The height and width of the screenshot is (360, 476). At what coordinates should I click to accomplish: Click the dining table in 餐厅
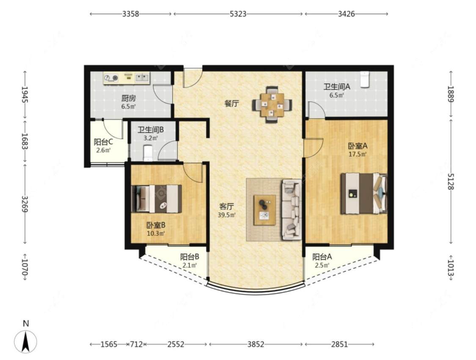point(272,105)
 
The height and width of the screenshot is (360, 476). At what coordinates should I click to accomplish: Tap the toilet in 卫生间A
point(365,80)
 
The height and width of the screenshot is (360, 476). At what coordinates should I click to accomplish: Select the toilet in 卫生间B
point(148,153)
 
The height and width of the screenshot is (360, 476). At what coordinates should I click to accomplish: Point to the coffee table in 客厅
point(265,210)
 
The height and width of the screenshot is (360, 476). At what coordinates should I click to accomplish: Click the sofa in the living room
point(292,210)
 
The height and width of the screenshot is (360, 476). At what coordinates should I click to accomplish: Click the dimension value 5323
point(238,14)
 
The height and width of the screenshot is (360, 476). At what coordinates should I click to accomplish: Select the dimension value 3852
point(256,344)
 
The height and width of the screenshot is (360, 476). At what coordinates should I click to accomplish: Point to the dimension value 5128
point(451,181)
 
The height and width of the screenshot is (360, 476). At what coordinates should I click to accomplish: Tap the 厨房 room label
point(128,98)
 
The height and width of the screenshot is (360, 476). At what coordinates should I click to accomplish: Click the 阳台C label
point(104,142)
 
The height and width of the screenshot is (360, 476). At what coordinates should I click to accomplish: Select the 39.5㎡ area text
point(227,215)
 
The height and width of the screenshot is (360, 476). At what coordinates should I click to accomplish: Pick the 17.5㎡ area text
point(358,154)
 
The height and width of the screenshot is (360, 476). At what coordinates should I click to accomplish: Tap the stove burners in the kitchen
point(111,78)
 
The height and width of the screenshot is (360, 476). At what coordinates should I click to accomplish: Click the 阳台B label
point(190,257)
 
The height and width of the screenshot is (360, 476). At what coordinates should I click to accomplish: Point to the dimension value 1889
point(451,94)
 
